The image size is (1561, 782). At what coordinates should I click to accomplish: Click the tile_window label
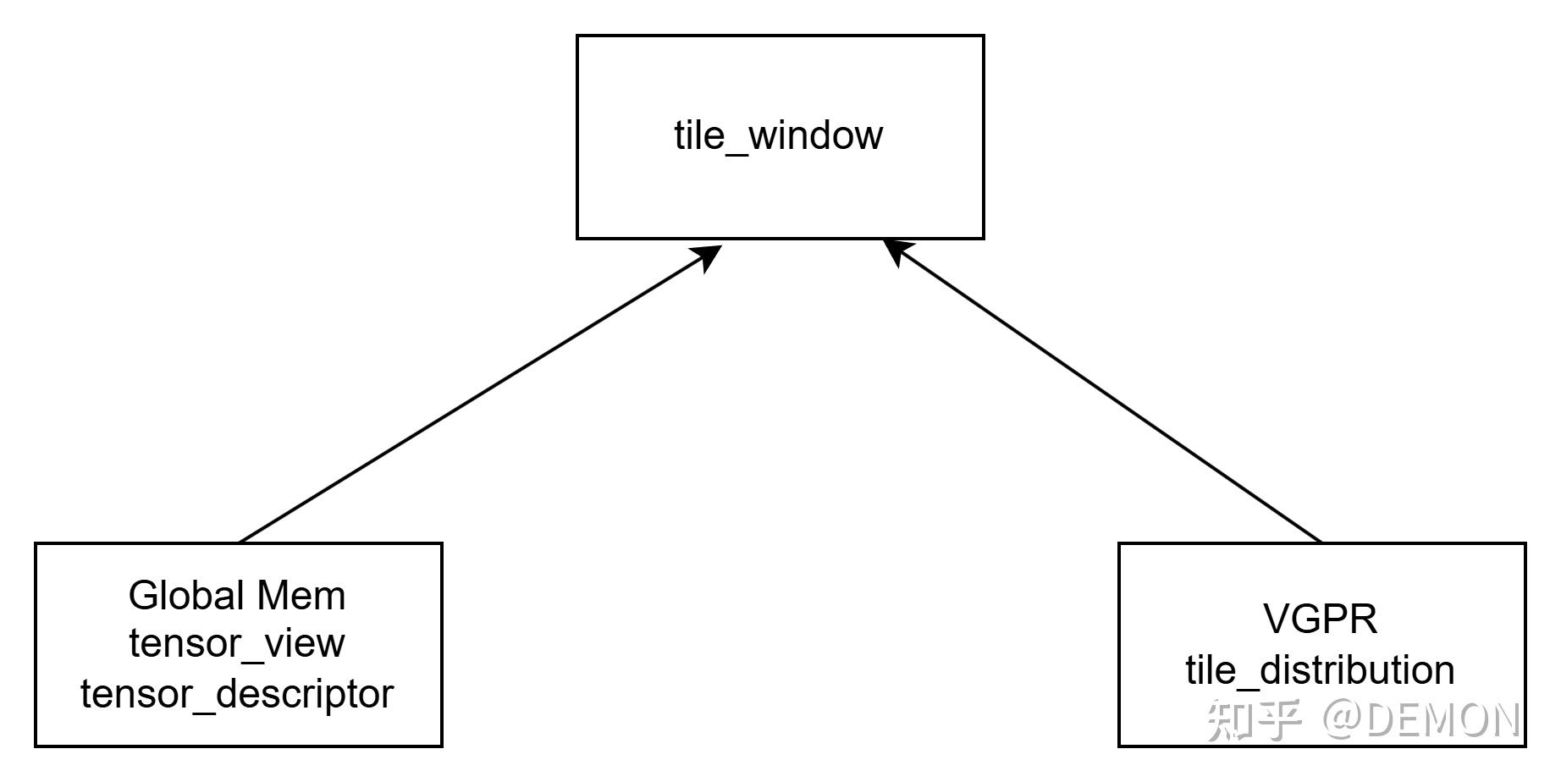(x=778, y=135)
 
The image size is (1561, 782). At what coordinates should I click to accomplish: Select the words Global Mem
(x=237, y=596)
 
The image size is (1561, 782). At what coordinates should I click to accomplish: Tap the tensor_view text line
(x=237, y=643)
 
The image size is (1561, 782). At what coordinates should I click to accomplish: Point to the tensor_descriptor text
(x=237, y=694)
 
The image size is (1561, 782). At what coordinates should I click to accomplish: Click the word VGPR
(x=1321, y=619)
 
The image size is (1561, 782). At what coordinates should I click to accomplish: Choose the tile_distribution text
(x=1321, y=670)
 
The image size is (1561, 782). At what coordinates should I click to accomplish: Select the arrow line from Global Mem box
(x=474, y=398)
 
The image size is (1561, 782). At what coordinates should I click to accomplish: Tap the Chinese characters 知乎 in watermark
(x=1253, y=719)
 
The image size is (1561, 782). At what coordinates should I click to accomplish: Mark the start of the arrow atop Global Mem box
(x=240, y=542)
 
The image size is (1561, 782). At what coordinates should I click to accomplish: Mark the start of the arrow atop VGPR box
(x=1321, y=542)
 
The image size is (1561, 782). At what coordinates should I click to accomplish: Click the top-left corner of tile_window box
(x=577, y=36)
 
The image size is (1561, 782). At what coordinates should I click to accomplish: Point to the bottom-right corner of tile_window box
(x=983, y=238)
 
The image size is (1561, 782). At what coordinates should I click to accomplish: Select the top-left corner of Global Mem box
(x=36, y=544)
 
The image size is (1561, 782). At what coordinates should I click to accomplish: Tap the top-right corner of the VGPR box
(x=1525, y=544)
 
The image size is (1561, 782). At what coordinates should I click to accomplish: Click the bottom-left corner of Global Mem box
(x=36, y=746)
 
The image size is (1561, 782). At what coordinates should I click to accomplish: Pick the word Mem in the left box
(x=301, y=596)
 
